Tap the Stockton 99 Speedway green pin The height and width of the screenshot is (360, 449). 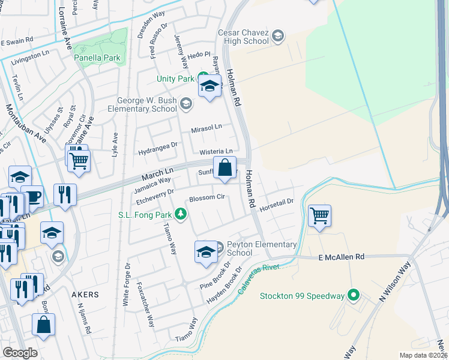click(x=354, y=295)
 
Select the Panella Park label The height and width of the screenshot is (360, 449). click(x=97, y=58)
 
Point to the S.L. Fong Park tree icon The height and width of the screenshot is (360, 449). click(x=179, y=214)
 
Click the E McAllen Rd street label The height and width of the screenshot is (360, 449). click(x=341, y=257)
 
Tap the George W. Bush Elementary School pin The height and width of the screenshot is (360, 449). click(x=186, y=105)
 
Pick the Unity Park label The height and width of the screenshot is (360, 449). click(x=175, y=79)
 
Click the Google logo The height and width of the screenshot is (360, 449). click(x=20, y=353)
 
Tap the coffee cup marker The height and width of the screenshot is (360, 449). click(x=32, y=196)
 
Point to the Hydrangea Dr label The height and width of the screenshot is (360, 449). click(x=158, y=145)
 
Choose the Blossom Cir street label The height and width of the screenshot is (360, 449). click(x=206, y=198)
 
